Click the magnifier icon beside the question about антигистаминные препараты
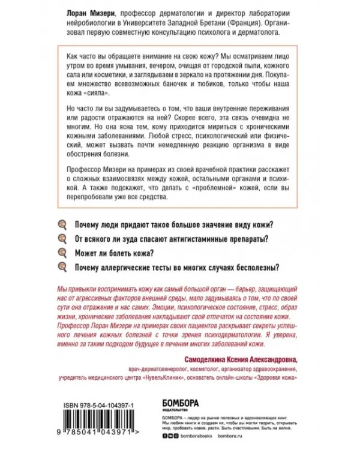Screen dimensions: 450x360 (61, 238)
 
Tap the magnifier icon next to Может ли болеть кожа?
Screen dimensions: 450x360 (61, 251)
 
